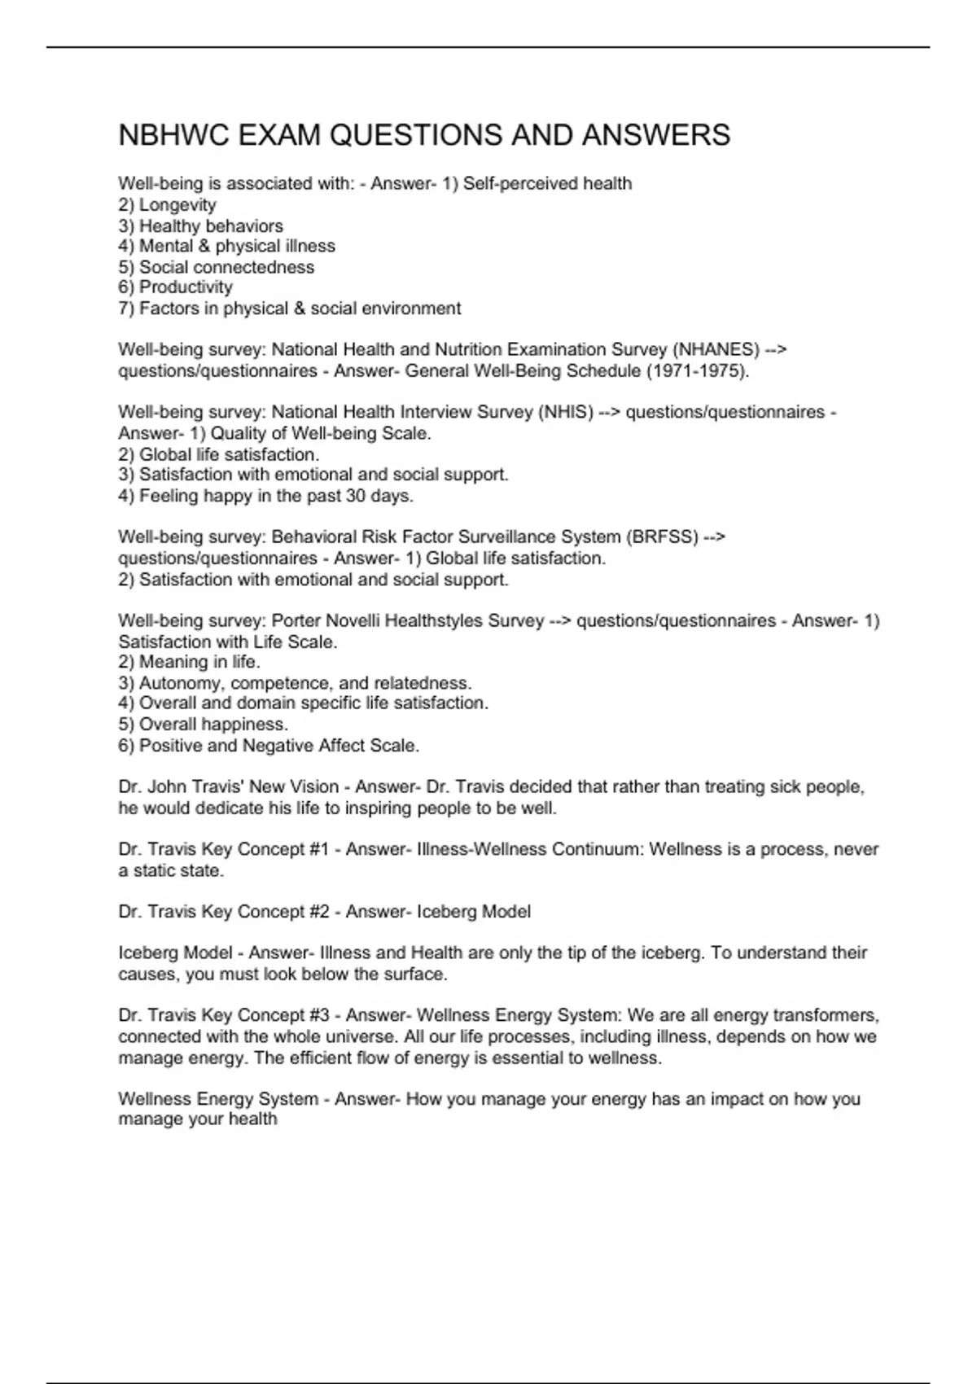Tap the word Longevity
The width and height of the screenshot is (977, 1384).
tap(177, 205)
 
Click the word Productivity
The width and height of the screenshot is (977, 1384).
tap(186, 287)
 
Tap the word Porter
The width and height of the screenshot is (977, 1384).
tap(296, 621)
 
